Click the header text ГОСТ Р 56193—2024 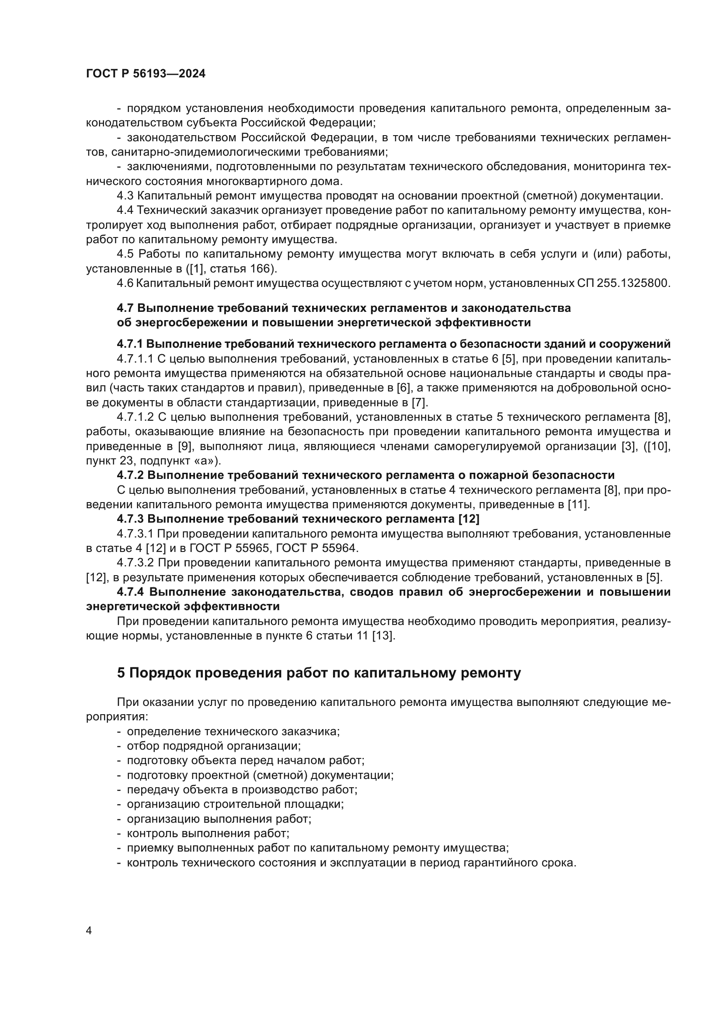[146, 74]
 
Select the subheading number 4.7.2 [130, 475]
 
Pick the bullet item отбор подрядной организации [214, 746]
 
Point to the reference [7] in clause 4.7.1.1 [418, 403]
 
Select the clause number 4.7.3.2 [135, 563]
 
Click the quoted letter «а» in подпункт [207, 460]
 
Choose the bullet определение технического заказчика [233, 732]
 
